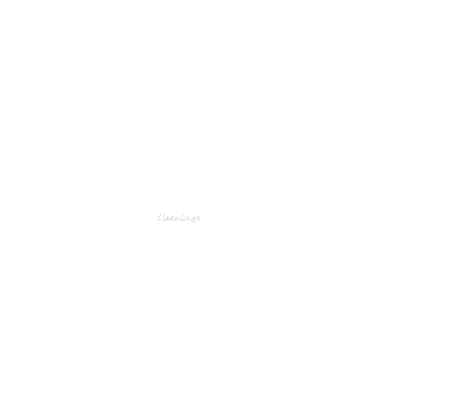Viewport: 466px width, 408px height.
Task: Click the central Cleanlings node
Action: click(x=178, y=217)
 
